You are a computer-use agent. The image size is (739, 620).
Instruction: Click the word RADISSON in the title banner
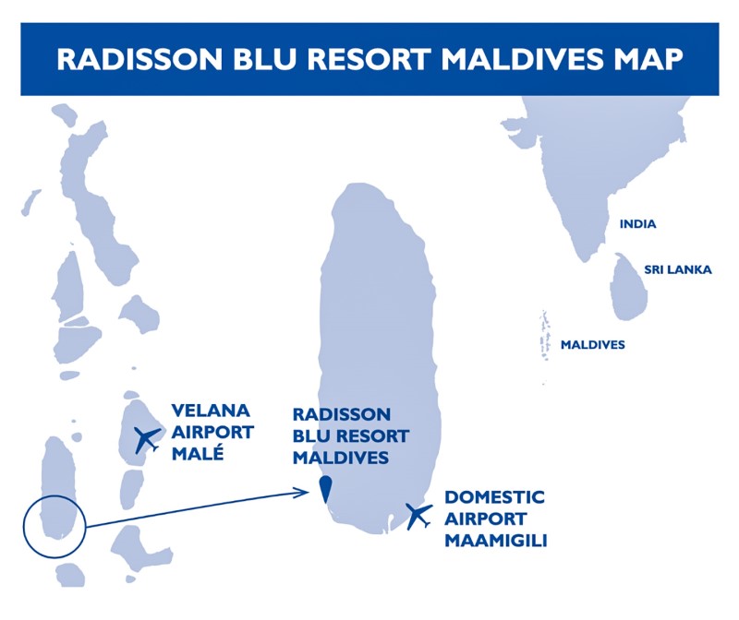click(x=139, y=59)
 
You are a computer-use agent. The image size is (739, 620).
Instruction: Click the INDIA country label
click(x=637, y=224)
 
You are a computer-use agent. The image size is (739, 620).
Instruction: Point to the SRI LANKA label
click(x=678, y=269)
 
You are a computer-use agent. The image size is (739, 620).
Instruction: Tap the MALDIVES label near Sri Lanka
click(x=592, y=345)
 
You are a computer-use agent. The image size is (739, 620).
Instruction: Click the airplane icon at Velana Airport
click(x=147, y=440)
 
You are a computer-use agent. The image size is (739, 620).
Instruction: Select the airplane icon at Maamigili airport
click(x=418, y=516)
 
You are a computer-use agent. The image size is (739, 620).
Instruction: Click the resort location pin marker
click(x=325, y=489)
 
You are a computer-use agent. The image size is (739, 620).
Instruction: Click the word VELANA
click(x=211, y=411)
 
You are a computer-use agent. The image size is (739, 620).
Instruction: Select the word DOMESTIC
click(x=494, y=497)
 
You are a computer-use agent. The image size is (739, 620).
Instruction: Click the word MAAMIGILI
click(x=496, y=541)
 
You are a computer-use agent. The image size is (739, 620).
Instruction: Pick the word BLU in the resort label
click(x=311, y=435)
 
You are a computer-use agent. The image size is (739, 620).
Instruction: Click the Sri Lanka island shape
click(x=628, y=287)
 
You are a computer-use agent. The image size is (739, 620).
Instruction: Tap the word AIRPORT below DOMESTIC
click(x=486, y=519)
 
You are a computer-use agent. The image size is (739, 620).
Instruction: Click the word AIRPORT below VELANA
click(x=212, y=432)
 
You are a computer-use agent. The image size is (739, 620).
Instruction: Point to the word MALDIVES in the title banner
click(x=522, y=59)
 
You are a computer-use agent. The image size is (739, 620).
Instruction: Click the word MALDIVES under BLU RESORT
click(x=341, y=458)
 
